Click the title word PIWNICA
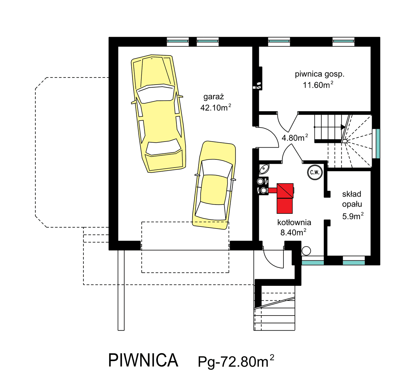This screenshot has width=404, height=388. pos(143,360)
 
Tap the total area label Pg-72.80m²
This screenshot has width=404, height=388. pos(236,361)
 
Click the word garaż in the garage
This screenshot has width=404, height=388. pos(213,97)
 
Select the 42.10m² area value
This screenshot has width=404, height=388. pos(215,108)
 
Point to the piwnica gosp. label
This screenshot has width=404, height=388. pos(319,74)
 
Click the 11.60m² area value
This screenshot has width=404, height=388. pos(318,85)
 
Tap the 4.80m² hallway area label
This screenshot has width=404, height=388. pos(295,138)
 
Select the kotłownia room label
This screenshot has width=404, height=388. pos(294,222)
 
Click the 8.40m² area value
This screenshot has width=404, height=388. pos(293,232)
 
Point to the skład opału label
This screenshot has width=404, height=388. pos(352,199)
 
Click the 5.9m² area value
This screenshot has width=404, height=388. pos(352,216)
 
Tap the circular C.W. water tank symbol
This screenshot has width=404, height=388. pos(315,173)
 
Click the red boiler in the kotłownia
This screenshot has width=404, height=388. pos(284,199)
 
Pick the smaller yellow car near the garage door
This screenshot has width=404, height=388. pos(214,185)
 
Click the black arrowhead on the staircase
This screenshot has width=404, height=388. pos(343,127)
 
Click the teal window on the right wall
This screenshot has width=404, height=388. pos(378,143)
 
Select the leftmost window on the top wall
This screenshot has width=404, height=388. pos(178,41)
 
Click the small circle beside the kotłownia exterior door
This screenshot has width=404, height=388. pos(306,251)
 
